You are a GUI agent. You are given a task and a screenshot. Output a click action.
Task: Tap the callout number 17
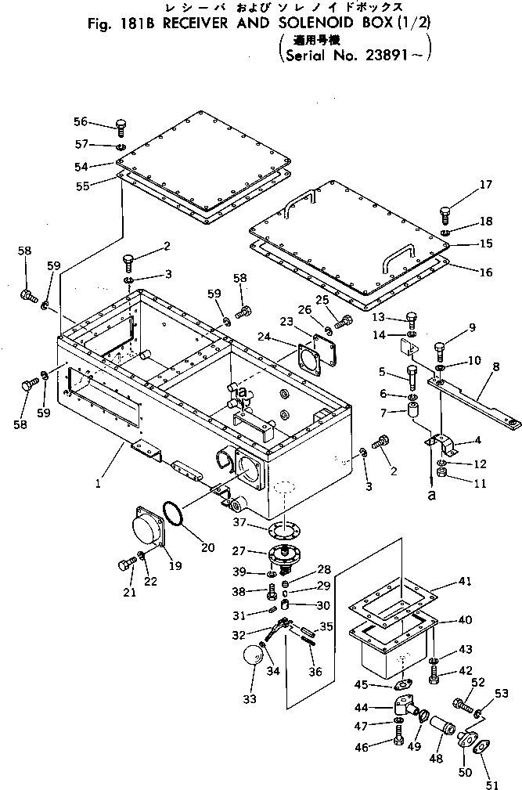tap(486, 185)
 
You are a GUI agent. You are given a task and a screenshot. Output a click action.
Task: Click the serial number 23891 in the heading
tap(382, 56)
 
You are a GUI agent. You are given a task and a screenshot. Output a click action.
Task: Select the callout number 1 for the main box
tap(99, 484)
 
